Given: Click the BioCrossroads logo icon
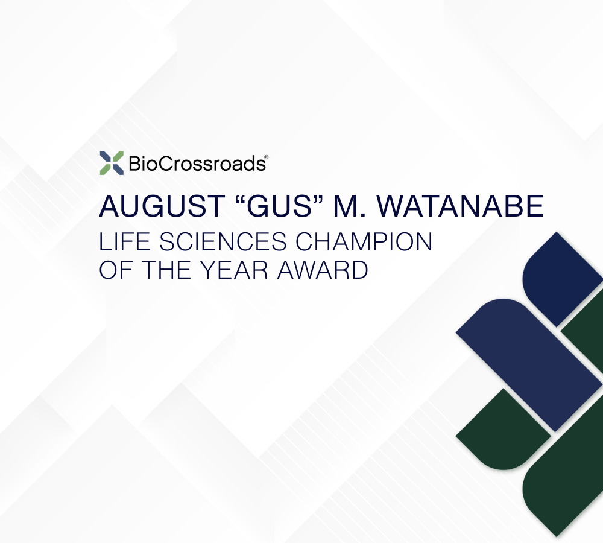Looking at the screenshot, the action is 112,163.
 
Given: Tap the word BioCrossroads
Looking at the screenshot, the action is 197,164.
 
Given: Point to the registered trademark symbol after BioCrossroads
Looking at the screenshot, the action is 267,157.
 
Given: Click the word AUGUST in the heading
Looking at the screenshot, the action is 162,206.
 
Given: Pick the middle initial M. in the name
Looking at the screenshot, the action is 348,206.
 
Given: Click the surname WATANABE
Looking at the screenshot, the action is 460,206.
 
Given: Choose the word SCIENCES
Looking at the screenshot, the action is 223,242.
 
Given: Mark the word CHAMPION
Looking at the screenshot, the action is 364,242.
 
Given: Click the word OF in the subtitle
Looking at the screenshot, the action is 116,270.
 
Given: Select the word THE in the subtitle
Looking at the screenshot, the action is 166,270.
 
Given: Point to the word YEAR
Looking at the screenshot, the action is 234,270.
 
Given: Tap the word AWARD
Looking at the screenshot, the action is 323,270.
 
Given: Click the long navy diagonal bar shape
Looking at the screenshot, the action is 529,365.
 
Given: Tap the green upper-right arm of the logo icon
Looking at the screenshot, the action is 118,157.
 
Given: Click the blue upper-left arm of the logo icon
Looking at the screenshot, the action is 106,157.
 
